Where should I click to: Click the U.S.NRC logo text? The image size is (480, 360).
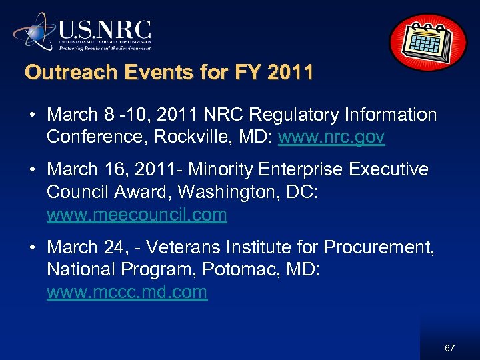pos(105,30)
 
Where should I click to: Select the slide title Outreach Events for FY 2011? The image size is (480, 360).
pos(169,72)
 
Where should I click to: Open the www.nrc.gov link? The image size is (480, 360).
pos(331,137)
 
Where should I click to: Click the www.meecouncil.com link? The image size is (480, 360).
pos(137,215)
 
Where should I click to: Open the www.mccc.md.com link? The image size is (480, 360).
pos(127,292)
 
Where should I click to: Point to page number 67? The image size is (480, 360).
pos(449,348)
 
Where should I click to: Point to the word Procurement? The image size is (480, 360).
pos(379,247)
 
